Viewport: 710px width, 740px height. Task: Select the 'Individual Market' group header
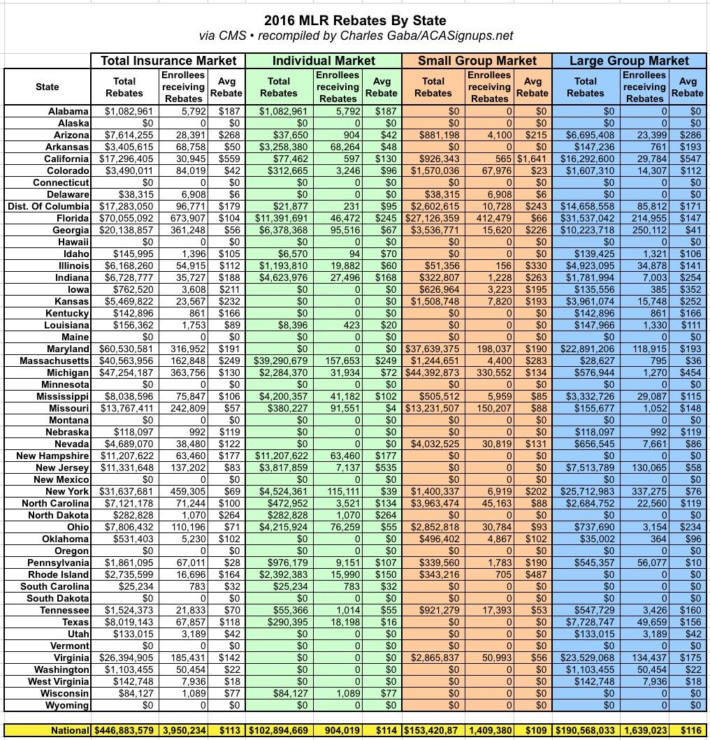[x=324, y=61]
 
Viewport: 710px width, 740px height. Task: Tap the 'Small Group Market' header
[x=477, y=61]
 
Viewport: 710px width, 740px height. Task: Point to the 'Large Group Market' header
[x=629, y=61]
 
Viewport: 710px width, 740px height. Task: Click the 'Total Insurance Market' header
[x=168, y=61]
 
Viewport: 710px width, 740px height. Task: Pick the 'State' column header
[x=48, y=87]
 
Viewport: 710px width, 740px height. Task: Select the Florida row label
[x=70, y=218]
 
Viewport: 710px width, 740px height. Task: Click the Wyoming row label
[x=67, y=705]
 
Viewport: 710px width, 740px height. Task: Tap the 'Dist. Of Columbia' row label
[x=49, y=206]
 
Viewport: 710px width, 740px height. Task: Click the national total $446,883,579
[x=125, y=730]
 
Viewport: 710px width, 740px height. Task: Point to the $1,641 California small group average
[x=532, y=159]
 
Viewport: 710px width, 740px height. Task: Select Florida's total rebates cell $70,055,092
[x=125, y=218]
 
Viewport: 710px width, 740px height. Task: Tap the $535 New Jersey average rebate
[x=382, y=467]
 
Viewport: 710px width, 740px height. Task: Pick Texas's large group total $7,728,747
[x=586, y=622]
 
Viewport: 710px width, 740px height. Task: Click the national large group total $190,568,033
[x=586, y=730]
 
